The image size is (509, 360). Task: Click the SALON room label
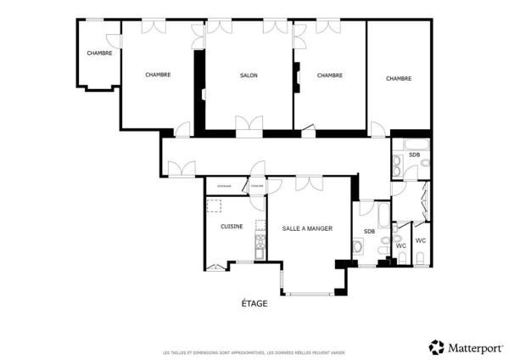pyautogui.click(x=249, y=76)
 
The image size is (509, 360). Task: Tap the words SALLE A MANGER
pyautogui.click(x=307, y=228)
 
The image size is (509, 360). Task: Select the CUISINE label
pyautogui.click(x=232, y=226)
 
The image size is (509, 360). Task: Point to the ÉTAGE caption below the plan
pyautogui.click(x=255, y=303)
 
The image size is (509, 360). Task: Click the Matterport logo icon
pyautogui.click(x=437, y=346)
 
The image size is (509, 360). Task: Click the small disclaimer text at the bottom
pyautogui.click(x=254, y=352)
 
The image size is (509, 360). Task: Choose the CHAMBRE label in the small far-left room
pyautogui.click(x=99, y=53)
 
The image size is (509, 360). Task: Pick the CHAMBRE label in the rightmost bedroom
pyautogui.click(x=399, y=78)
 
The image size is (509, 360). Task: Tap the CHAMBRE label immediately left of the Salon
pyautogui.click(x=158, y=75)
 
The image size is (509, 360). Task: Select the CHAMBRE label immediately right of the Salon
pyautogui.click(x=329, y=76)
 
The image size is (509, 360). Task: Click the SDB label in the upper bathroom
pyautogui.click(x=414, y=155)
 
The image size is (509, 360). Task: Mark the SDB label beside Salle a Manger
pyautogui.click(x=369, y=232)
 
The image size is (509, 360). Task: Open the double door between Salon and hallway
pyautogui.click(x=249, y=129)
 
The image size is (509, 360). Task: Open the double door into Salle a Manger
pyautogui.click(x=307, y=182)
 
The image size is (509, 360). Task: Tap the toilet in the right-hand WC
pyautogui.click(x=421, y=258)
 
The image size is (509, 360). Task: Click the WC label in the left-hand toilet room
pyautogui.click(x=401, y=245)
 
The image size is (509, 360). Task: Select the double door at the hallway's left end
pyautogui.click(x=181, y=170)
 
